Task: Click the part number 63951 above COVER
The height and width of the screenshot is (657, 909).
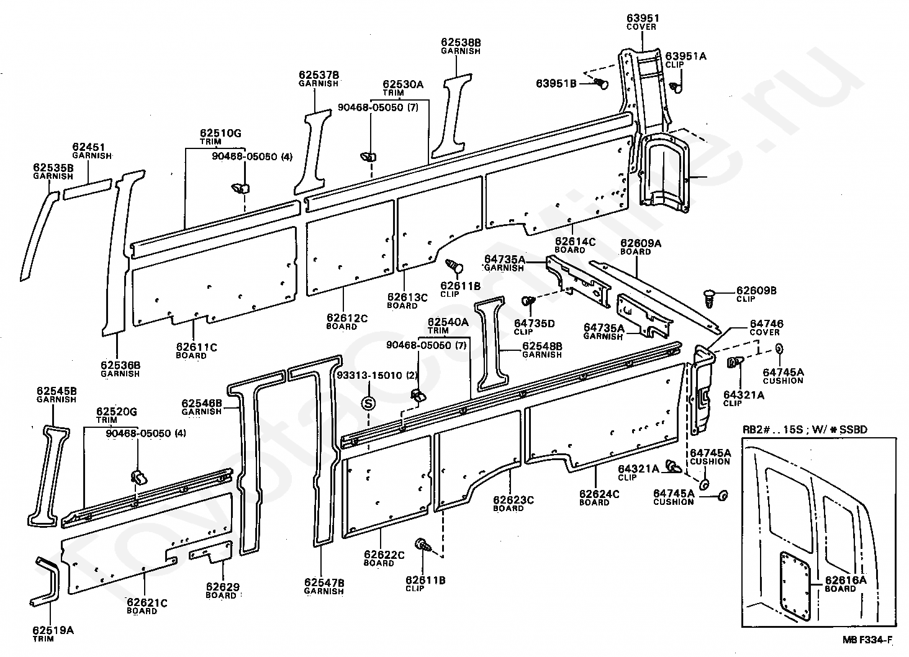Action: pyautogui.click(x=641, y=18)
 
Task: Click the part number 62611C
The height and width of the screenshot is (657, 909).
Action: pyautogui.click(x=196, y=347)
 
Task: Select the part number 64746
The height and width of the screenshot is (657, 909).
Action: pyautogui.click(x=766, y=324)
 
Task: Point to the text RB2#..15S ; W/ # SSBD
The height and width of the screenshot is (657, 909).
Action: pyautogui.click(x=805, y=429)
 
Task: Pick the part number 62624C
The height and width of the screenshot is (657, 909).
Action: pyautogui.click(x=600, y=494)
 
